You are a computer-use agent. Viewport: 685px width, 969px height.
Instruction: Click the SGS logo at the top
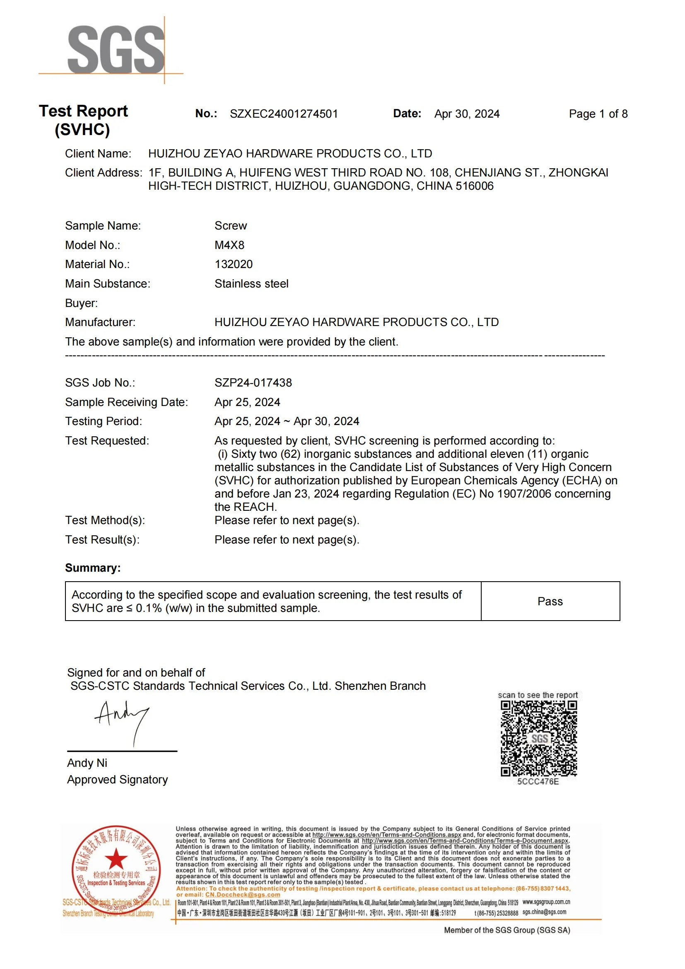tap(116, 49)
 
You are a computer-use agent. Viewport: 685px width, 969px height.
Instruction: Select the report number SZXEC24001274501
tap(283, 114)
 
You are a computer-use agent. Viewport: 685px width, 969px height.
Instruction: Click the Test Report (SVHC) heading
tap(83, 120)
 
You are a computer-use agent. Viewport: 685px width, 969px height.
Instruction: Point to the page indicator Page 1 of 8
tap(598, 114)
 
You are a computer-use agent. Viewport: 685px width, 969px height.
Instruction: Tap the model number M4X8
tap(229, 245)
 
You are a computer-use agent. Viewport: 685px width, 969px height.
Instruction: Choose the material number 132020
tap(234, 264)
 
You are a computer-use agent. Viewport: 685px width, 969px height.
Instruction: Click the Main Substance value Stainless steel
tap(251, 284)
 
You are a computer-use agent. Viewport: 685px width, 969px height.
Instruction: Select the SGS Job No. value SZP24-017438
tap(253, 383)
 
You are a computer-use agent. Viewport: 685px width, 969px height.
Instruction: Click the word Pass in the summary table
tap(550, 602)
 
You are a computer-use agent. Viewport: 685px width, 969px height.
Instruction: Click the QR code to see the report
tap(539, 739)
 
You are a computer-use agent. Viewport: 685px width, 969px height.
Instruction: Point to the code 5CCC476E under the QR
tap(538, 782)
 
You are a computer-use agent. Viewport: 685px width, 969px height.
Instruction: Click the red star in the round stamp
tap(116, 858)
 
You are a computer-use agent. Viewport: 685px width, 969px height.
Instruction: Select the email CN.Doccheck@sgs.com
tap(243, 895)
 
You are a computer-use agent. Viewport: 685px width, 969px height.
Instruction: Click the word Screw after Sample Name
tap(231, 226)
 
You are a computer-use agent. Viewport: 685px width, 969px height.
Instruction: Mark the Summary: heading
tap(93, 568)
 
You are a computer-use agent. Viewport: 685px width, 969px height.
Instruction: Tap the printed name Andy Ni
tap(87, 763)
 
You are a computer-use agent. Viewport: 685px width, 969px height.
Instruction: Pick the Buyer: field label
tap(82, 303)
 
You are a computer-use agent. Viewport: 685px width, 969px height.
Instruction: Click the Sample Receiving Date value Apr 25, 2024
tap(247, 402)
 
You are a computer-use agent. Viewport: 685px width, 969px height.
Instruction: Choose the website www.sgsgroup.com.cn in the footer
tap(546, 902)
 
